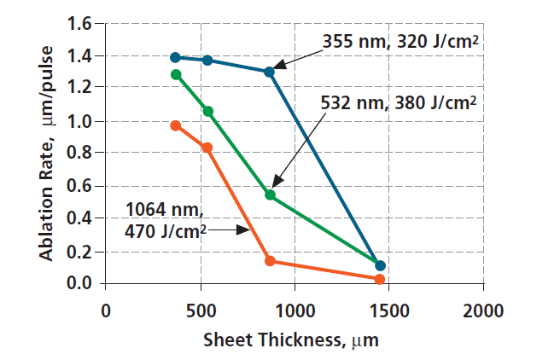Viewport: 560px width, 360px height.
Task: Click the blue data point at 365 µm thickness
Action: [x=176, y=57]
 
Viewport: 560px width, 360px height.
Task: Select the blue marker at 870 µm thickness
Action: [x=270, y=72]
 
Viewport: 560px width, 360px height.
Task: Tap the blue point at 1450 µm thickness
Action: [x=380, y=266]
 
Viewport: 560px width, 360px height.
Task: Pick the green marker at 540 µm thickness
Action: [x=207, y=111]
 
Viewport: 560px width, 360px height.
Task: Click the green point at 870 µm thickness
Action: [x=270, y=195]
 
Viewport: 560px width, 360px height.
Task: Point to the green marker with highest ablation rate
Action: [x=176, y=74]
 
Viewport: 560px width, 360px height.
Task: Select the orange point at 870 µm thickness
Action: [x=270, y=260]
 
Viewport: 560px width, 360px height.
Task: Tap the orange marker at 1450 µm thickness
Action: [x=380, y=279]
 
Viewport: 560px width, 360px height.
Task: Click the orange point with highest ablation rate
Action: [x=176, y=125]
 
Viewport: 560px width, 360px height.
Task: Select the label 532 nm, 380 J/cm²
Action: [x=397, y=102]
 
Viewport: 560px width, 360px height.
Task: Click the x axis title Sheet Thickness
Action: [x=290, y=340]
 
